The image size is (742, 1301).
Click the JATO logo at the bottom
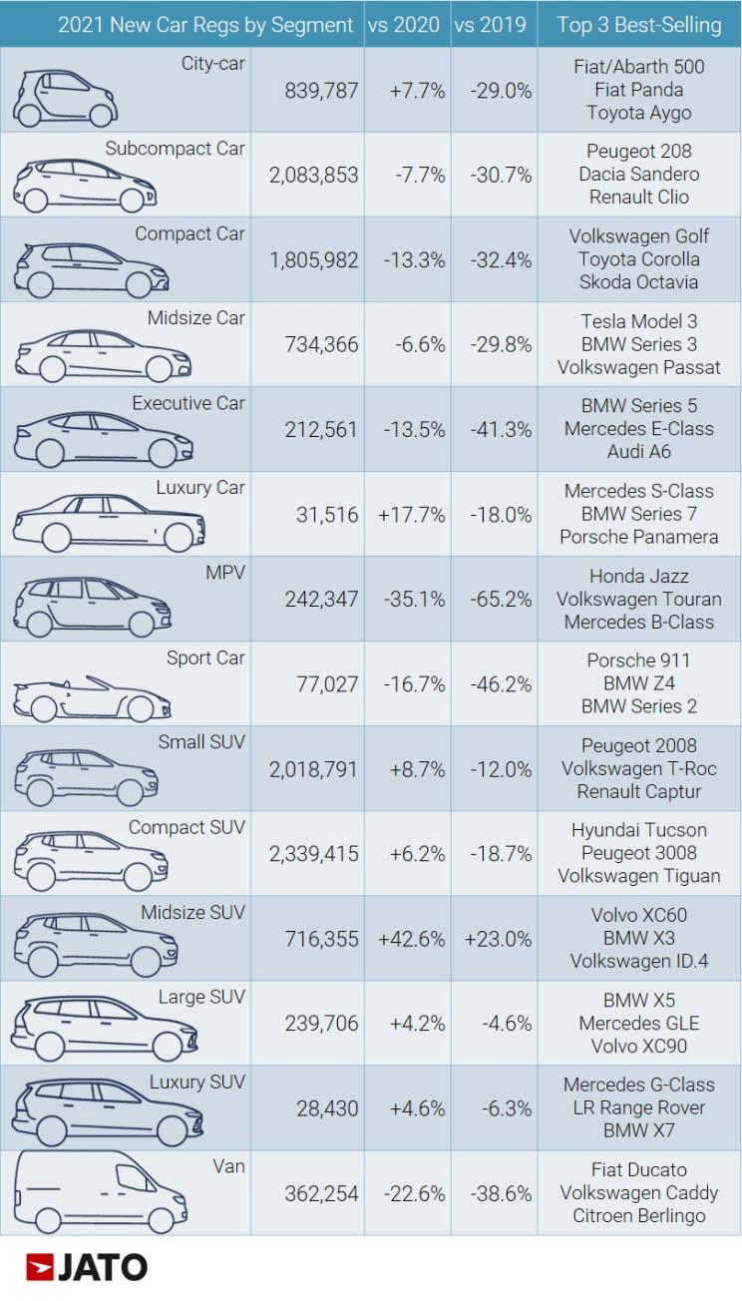(87, 1267)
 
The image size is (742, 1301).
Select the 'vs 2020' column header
(403, 25)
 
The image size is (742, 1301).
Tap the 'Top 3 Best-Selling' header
(639, 25)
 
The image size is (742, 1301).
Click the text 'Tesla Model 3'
(638, 322)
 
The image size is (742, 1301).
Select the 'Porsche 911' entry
(638, 660)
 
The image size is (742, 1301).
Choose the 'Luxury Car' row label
(199, 488)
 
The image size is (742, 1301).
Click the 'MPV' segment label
(224, 574)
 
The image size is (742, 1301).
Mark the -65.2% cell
(500, 599)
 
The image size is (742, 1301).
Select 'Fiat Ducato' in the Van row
(638, 1169)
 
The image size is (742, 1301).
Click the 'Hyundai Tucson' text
(638, 830)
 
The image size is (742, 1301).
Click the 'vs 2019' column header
(490, 25)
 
